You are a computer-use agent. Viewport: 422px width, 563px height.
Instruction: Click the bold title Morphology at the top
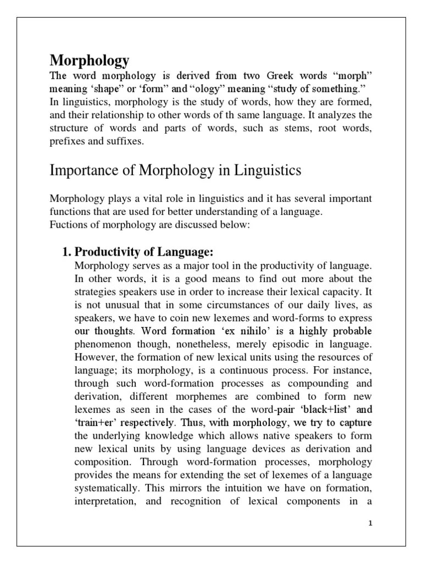click(x=90, y=60)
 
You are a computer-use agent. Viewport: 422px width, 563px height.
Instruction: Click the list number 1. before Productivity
click(x=66, y=252)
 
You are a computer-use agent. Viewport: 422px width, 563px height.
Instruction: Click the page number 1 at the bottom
click(x=370, y=523)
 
